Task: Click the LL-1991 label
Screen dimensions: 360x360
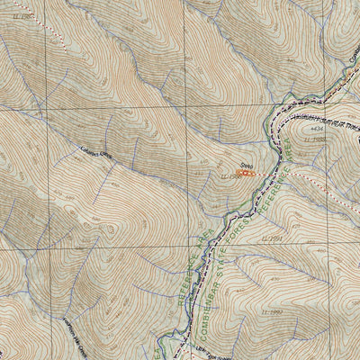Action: (273, 238)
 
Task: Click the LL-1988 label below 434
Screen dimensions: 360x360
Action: (314, 141)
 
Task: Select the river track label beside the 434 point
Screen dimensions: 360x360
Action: (328, 119)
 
